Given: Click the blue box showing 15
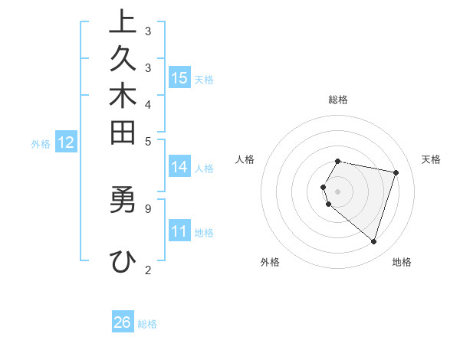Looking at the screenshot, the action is pyautogui.click(x=179, y=77).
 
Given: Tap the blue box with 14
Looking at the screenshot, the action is pyautogui.click(x=179, y=167).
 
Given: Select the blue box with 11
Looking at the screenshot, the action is pyautogui.click(x=179, y=231).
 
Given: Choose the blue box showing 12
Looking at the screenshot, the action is pyautogui.click(x=66, y=142).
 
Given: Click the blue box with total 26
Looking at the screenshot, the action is pyautogui.click(x=123, y=322).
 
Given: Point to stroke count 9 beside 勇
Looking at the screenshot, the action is pyautogui.click(x=148, y=207).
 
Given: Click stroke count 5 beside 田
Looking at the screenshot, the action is pyautogui.click(x=148, y=140).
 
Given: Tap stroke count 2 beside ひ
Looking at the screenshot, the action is pyautogui.click(x=148, y=269).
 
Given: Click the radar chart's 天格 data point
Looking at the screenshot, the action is pyautogui.click(x=396, y=172).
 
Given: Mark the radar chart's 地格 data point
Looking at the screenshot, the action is pyautogui.click(x=373, y=242).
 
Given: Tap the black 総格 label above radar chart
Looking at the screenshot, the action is pyautogui.click(x=338, y=100).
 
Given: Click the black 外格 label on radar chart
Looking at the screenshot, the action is pyautogui.click(x=270, y=262).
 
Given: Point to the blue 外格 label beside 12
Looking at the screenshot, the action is pyautogui.click(x=41, y=142).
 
